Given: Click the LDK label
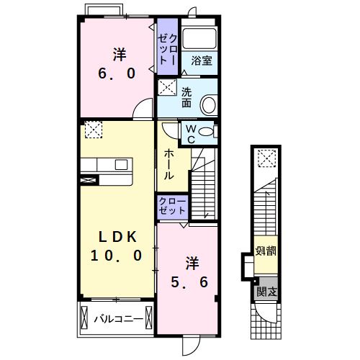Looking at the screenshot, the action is click(117, 237).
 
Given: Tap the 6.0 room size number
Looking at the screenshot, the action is click(117, 73).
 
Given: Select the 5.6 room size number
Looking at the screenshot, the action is click(189, 282).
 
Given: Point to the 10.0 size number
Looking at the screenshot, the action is click(117, 256).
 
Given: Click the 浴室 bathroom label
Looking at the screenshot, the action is click(202, 60).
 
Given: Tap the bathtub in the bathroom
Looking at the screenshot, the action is click(199, 39).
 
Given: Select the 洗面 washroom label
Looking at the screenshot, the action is click(186, 97).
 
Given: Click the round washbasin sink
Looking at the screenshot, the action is click(208, 104).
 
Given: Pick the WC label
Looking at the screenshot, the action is click(191, 134).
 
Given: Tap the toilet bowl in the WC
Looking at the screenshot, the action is click(206, 132).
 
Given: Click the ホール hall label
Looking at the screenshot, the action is click(169, 164).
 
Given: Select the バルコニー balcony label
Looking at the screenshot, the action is click(118, 319).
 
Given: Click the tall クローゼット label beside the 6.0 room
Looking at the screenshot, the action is click(168, 50).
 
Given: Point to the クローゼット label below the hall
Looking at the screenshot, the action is click(172, 206).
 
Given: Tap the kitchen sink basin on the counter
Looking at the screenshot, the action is click(121, 165).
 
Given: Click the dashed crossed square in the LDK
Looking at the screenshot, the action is click(94, 130).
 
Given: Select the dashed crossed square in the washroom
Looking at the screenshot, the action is click(167, 87).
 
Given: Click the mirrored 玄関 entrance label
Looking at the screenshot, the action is click(266, 292).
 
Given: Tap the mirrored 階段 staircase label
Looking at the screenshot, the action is click(266, 251).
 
